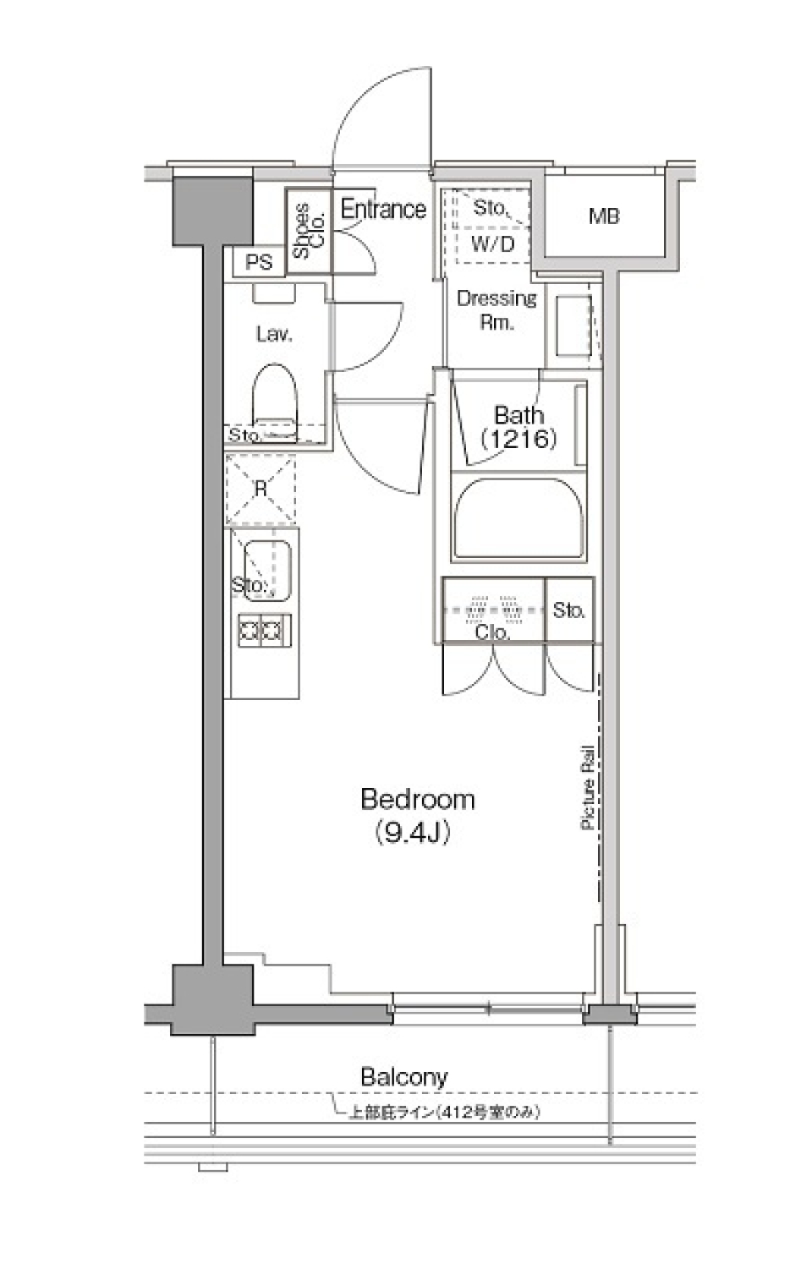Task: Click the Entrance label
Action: [x=383, y=209]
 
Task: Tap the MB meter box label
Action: [x=604, y=216]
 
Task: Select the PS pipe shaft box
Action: [x=259, y=263]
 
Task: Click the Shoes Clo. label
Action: [x=309, y=230]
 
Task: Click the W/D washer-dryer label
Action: [x=491, y=245]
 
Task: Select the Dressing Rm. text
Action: [x=497, y=309]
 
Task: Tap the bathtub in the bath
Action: [x=518, y=519]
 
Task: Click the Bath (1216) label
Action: [x=518, y=426]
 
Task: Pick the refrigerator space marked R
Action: [x=261, y=490]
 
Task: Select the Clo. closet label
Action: [x=491, y=632]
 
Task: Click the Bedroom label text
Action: [x=417, y=799]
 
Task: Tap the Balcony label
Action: [x=403, y=1077]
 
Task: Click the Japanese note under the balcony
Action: [x=444, y=1113]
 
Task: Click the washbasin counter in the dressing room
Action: [x=573, y=325]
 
